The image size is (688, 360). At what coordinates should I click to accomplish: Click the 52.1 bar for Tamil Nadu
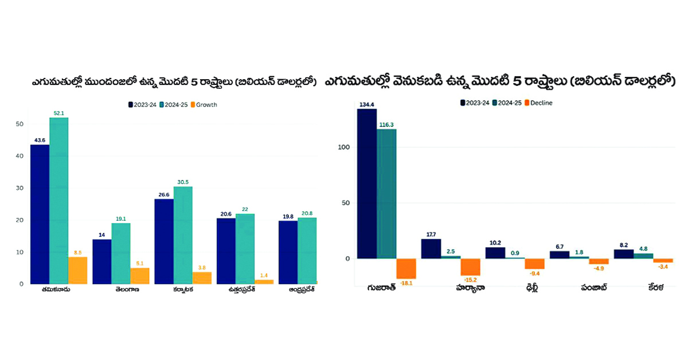pyautogui.click(x=58, y=201)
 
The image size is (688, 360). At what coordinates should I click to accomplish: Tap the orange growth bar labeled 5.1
pyautogui.click(x=139, y=276)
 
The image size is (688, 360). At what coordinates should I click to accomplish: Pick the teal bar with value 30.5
pyautogui.click(x=183, y=235)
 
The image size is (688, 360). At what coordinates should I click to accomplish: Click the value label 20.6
pyautogui.click(x=225, y=213)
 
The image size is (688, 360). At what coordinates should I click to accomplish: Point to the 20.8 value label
pyautogui.click(x=307, y=213)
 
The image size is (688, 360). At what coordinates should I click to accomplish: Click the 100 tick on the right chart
pyautogui.click(x=342, y=147)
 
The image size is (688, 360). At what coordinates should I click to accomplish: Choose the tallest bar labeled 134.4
pyautogui.click(x=366, y=183)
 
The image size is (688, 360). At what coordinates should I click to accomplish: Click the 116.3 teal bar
pyautogui.click(x=386, y=194)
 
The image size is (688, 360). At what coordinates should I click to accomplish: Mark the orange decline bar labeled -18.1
pyautogui.click(x=406, y=269)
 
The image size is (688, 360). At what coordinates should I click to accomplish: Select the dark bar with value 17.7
pyautogui.click(x=431, y=248)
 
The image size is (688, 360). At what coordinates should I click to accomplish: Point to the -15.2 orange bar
pyautogui.click(x=470, y=267)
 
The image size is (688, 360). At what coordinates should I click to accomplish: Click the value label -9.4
pyautogui.click(x=534, y=273)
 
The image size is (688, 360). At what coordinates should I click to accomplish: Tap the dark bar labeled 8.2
pyautogui.click(x=623, y=253)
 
